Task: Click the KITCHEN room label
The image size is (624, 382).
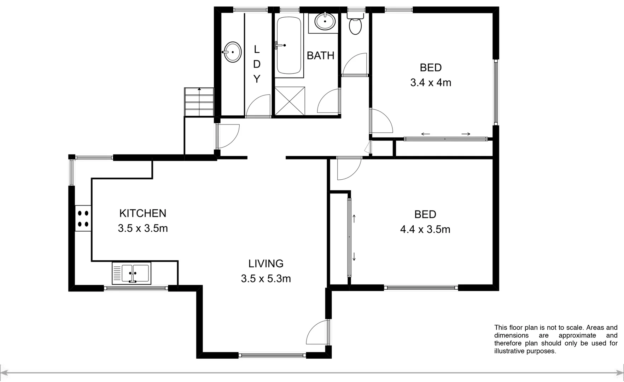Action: click(x=142, y=213)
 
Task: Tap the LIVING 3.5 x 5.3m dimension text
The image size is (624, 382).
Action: click(x=266, y=279)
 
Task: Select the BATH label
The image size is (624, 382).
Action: click(x=320, y=56)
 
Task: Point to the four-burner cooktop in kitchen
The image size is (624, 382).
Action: click(x=83, y=219)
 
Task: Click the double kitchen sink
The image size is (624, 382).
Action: click(x=132, y=273)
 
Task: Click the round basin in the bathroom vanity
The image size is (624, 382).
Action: click(x=325, y=22)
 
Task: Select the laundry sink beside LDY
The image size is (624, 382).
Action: click(x=232, y=52)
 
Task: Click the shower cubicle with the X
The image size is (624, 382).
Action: click(x=290, y=101)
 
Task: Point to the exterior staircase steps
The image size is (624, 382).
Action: click(x=199, y=102)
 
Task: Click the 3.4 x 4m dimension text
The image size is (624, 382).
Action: click(x=431, y=83)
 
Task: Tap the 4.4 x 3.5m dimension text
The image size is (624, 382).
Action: click(x=425, y=230)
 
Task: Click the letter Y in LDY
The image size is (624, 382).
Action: click(x=257, y=79)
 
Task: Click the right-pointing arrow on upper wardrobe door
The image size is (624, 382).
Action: click(x=466, y=134)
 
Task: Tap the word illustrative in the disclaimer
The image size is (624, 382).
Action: click(x=509, y=351)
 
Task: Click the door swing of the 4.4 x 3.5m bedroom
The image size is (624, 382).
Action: click(x=348, y=168)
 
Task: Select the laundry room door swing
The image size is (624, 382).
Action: click(x=258, y=106)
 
